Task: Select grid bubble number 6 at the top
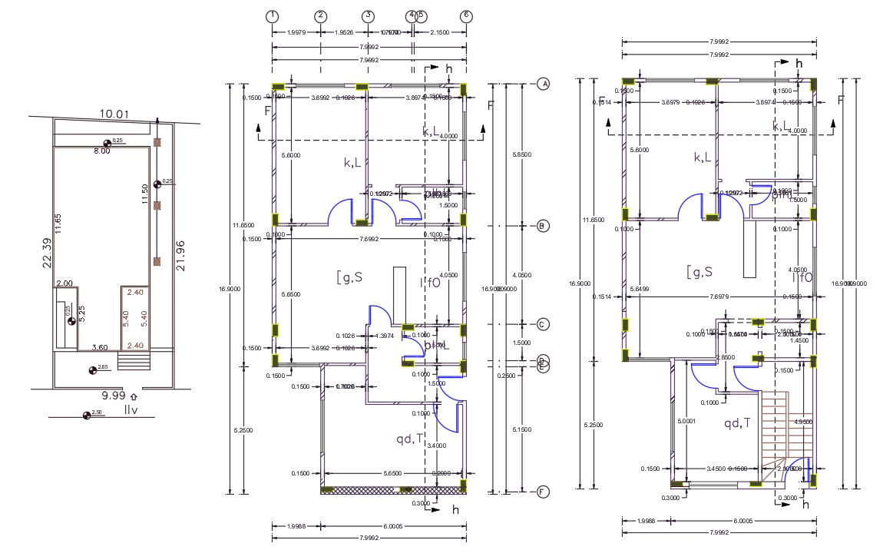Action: tap(466, 15)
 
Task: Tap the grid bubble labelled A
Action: tap(542, 84)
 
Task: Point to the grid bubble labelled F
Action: tap(542, 492)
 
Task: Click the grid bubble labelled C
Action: tap(542, 325)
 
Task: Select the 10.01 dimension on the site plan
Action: tap(114, 114)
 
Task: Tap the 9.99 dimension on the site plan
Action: tap(113, 396)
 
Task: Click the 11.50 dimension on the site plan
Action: tap(144, 195)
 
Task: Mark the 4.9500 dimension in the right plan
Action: tap(802, 422)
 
